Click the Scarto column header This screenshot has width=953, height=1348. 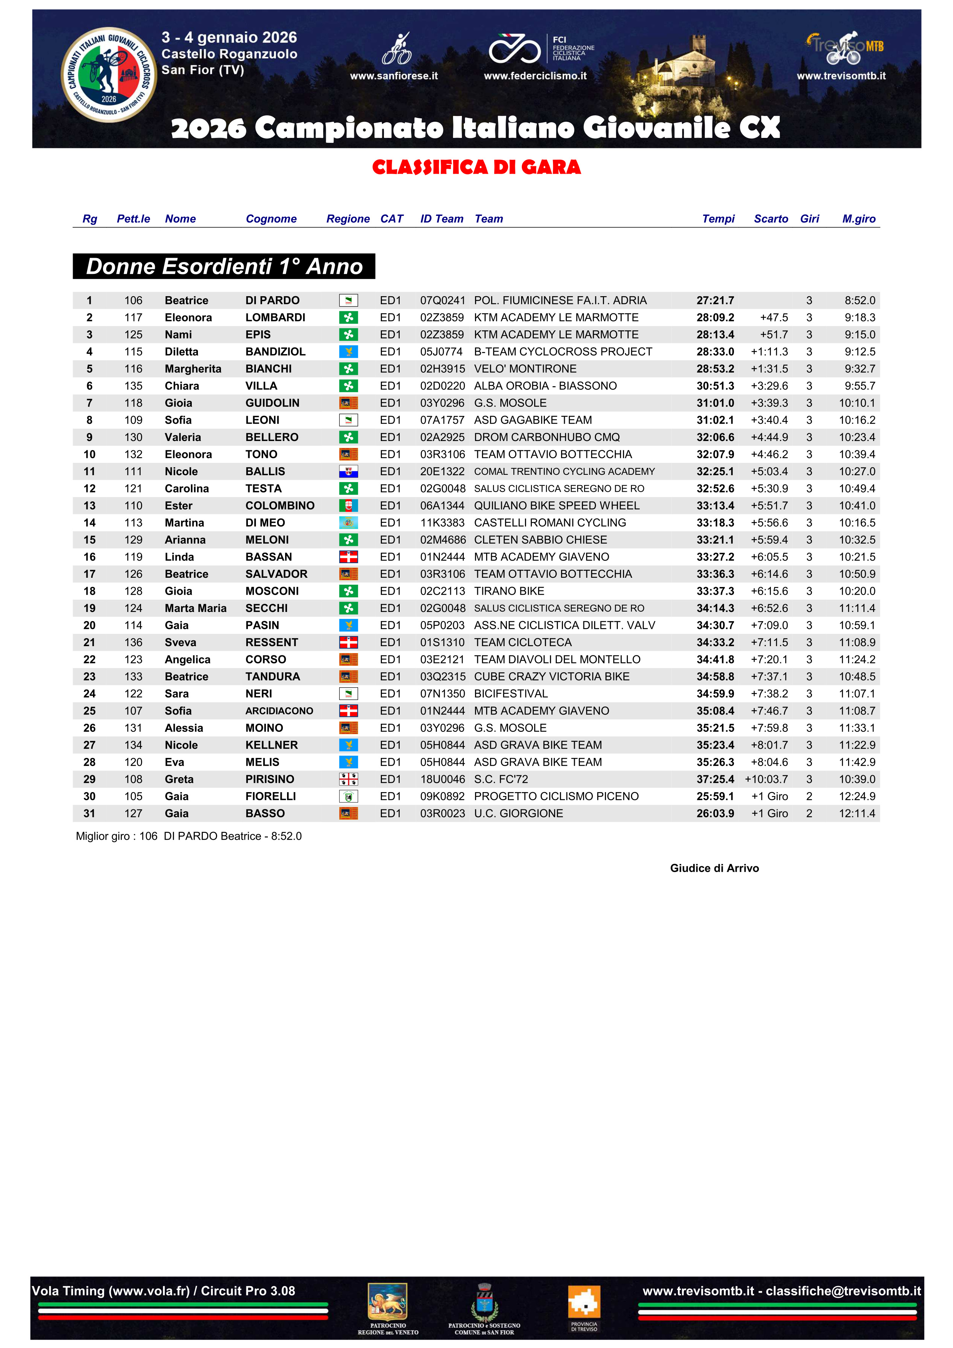point(770,219)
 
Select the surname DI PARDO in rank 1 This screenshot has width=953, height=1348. point(272,300)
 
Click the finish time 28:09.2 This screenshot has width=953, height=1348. point(715,318)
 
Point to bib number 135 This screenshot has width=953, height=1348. point(133,386)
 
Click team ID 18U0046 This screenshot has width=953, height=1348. point(442,779)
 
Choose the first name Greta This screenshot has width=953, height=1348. point(179,779)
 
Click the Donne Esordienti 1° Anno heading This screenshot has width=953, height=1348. point(224,267)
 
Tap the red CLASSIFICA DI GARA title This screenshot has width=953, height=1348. point(476,167)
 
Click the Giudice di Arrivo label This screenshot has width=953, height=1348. point(714,868)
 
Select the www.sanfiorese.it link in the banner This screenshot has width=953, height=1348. point(394,76)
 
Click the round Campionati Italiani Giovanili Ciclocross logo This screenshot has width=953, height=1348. point(109,75)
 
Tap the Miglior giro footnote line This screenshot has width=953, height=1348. point(188,836)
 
